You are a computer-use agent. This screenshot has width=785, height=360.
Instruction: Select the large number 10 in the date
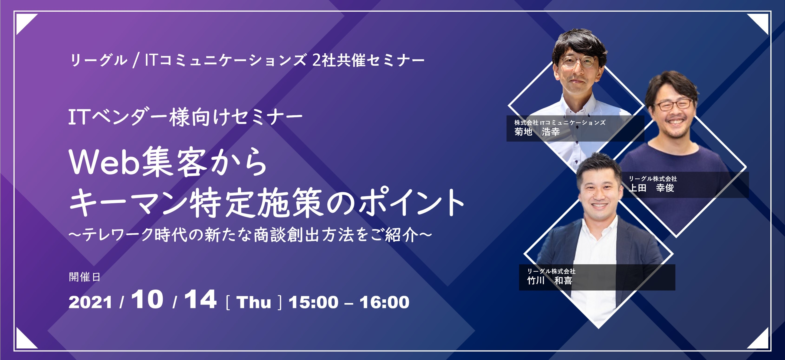pyautogui.click(x=147, y=299)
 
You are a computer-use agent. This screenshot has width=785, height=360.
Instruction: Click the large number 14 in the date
pyautogui.click(x=200, y=299)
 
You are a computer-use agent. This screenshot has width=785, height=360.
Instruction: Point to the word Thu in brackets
pyautogui.click(x=253, y=302)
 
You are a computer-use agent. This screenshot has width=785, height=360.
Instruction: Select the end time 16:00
pyautogui.click(x=384, y=302)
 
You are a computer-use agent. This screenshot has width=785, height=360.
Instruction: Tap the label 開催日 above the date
pyautogui.click(x=84, y=277)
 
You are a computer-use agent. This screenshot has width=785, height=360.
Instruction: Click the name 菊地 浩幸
pyautogui.click(x=537, y=132)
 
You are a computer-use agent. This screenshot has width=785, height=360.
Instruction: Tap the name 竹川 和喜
pyautogui.click(x=550, y=281)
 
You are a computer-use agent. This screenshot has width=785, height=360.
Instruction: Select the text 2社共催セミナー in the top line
pyautogui.click(x=368, y=60)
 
